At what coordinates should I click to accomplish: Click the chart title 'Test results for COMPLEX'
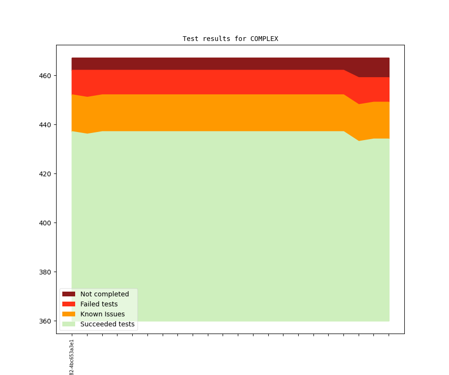click(230, 39)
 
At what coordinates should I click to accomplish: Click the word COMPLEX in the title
click(264, 39)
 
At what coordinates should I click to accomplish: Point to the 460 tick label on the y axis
click(45, 76)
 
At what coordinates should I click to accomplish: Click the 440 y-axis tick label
click(45, 125)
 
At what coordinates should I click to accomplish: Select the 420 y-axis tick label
click(45, 174)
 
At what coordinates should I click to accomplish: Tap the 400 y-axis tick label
click(45, 223)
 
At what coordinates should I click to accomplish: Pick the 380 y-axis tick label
click(45, 272)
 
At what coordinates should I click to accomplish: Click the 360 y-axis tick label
click(45, 321)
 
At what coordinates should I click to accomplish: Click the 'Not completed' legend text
click(105, 294)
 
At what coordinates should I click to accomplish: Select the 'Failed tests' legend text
click(99, 304)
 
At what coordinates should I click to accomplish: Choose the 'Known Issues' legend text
click(102, 314)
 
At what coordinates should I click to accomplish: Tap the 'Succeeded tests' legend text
click(107, 324)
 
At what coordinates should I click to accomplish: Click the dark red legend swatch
click(68, 294)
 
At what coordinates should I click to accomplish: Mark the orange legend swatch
click(68, 314)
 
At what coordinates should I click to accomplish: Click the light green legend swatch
click(68, 324)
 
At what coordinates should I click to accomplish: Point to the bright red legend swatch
click(68, 304)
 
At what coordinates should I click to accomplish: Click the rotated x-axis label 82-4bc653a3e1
click(72, 357)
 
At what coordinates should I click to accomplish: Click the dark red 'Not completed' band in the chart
click(214, 64)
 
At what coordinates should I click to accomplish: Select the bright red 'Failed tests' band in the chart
click(214, 82)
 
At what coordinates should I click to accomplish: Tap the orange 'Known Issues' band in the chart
click(214, 112)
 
